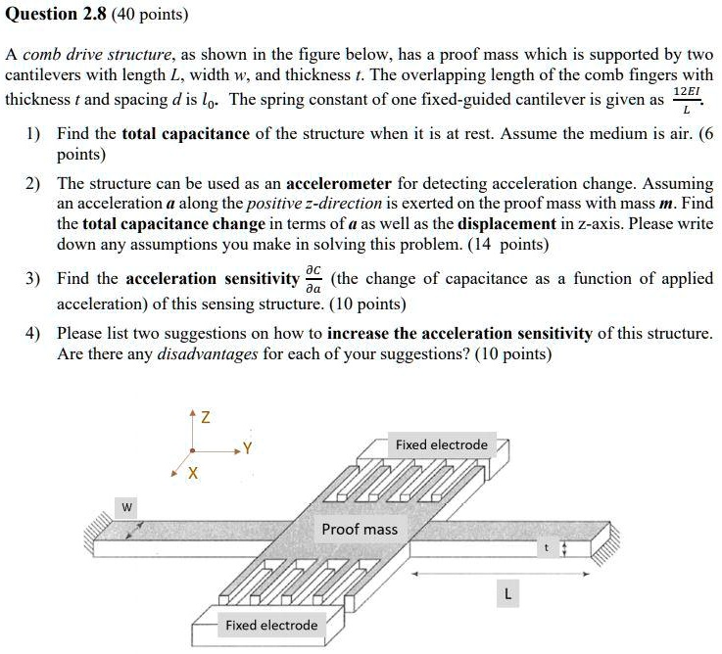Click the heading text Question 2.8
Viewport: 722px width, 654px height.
pos(57,14)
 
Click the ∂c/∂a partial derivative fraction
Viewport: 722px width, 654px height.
pos(313,279)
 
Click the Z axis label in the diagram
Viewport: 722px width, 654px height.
pos(204,418)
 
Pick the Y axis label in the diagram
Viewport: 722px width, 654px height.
pos(249,451)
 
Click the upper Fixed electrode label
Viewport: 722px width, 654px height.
pos(441,444)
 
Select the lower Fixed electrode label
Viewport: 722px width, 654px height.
pos(271,625)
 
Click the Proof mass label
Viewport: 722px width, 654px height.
pos(360,529)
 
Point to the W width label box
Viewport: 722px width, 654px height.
pos(126,506)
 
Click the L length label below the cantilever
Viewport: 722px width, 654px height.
pos(506,593)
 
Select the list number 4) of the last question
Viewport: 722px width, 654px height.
pos(33,333)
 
